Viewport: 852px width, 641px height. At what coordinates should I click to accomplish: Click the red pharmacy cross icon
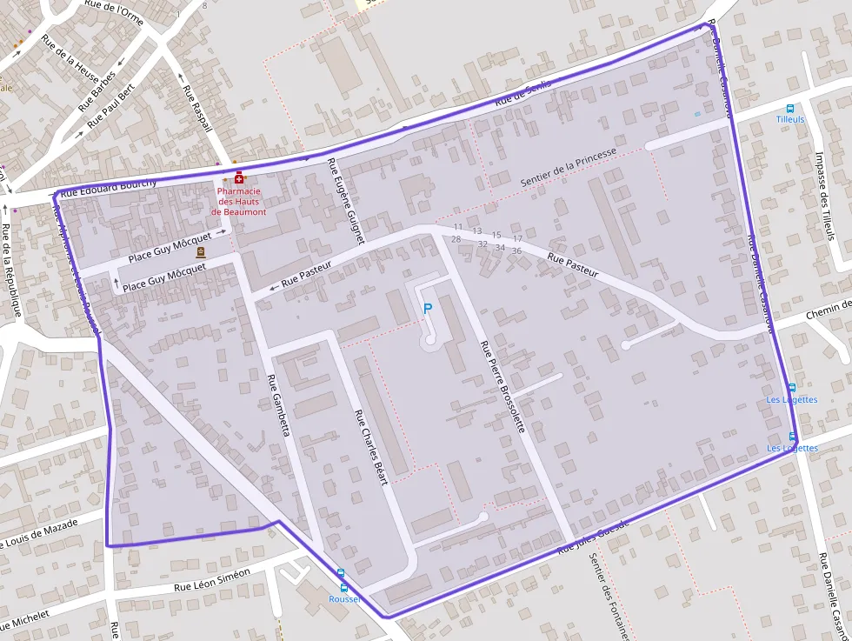[239, 178]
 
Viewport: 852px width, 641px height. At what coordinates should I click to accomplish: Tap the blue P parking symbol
[427, 308]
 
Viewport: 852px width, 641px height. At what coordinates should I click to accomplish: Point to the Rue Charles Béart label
[370, 447]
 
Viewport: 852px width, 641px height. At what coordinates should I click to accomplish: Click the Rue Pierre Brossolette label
[503, 386]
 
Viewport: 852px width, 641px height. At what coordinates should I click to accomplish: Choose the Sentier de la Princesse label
[569, 167]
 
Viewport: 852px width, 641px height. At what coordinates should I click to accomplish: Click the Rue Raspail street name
[197, 108]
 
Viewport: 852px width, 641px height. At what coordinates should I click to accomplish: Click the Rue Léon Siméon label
[212, 580]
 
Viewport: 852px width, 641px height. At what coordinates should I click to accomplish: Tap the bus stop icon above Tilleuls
[790, 108]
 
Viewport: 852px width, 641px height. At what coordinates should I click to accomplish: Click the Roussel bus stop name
[344, 599]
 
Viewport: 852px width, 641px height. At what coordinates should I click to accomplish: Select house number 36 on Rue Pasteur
[516, 250]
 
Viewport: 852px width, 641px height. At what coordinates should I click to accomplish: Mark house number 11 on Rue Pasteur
[458, 227]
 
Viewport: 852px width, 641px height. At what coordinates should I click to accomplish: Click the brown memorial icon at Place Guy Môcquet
[201, 252]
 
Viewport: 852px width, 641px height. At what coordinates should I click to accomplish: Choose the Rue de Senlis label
[523, 94]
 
